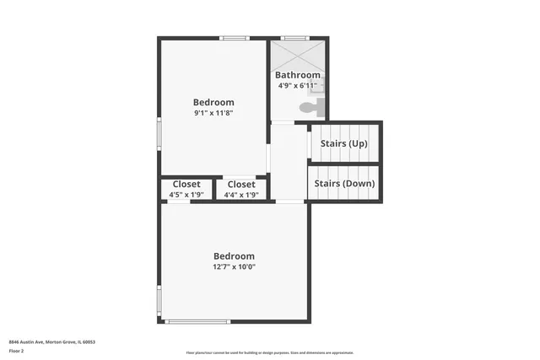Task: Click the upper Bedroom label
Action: click(213, 102)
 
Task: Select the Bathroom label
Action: click(298, 75)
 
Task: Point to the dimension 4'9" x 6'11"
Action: click(298, 85)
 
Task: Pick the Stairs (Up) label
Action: click(343, 143)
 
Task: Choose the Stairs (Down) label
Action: click(345, 183)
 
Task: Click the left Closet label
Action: click(186, 185)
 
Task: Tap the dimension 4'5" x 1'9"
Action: click(186, 195)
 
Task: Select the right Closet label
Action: click(240, 185)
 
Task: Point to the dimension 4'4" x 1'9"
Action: click(240, 195)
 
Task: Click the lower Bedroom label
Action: click(234, 256)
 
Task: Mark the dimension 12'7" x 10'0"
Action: click(234, 266)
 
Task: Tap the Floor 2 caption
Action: click(17, 350)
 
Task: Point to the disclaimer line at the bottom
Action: click(270, 352)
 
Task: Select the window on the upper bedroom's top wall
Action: click(235, 38)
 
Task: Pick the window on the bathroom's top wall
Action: click(294, 38)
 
